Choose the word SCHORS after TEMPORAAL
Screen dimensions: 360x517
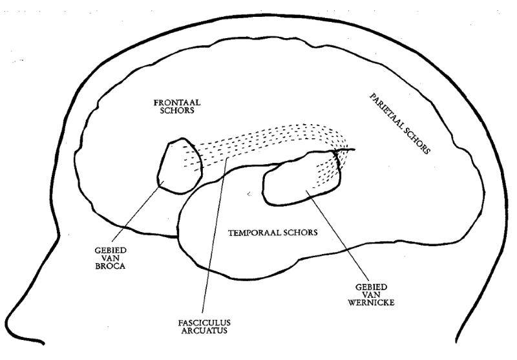pos(301,233)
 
